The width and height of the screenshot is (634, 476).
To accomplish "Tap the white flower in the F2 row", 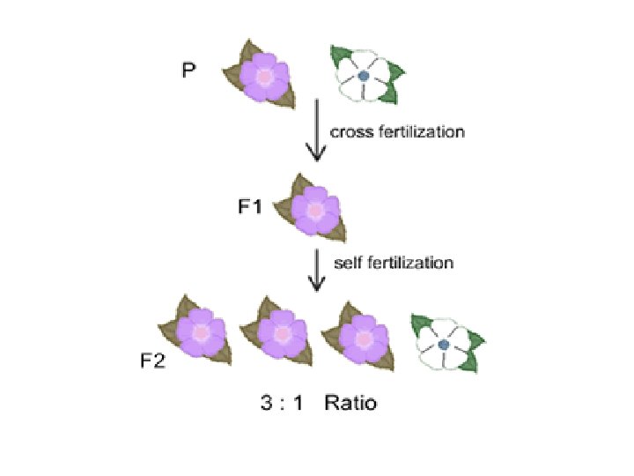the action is coord(445,344).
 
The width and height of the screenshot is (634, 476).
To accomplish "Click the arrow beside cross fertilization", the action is coord(314,132).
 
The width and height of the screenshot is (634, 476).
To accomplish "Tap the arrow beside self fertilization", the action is coord(314,269).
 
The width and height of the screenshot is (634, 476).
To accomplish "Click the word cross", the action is coord(348,132).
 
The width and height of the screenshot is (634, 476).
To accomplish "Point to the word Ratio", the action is coord(350,404).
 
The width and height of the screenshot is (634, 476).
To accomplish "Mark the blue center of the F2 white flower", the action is coord(445,345).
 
